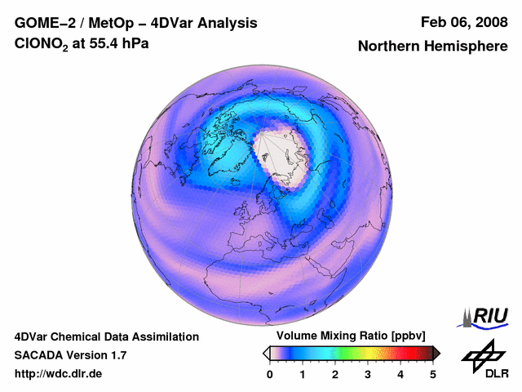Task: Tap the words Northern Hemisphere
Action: (x=432, y=47)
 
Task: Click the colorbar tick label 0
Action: (x=270, y=374)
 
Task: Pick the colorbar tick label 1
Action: (x=303, y=374)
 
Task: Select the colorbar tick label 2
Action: (x=335, y=374)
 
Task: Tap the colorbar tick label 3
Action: (x=368, y=374)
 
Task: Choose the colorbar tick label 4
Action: (x=400, y=374)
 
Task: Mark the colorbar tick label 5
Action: (x=433, y=374)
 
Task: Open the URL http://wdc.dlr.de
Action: (x=59, y=374)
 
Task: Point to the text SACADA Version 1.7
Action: (x=70, y=355)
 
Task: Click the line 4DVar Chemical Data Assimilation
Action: (x=106, y=336)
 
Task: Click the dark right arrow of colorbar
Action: (x=437, y=353)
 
